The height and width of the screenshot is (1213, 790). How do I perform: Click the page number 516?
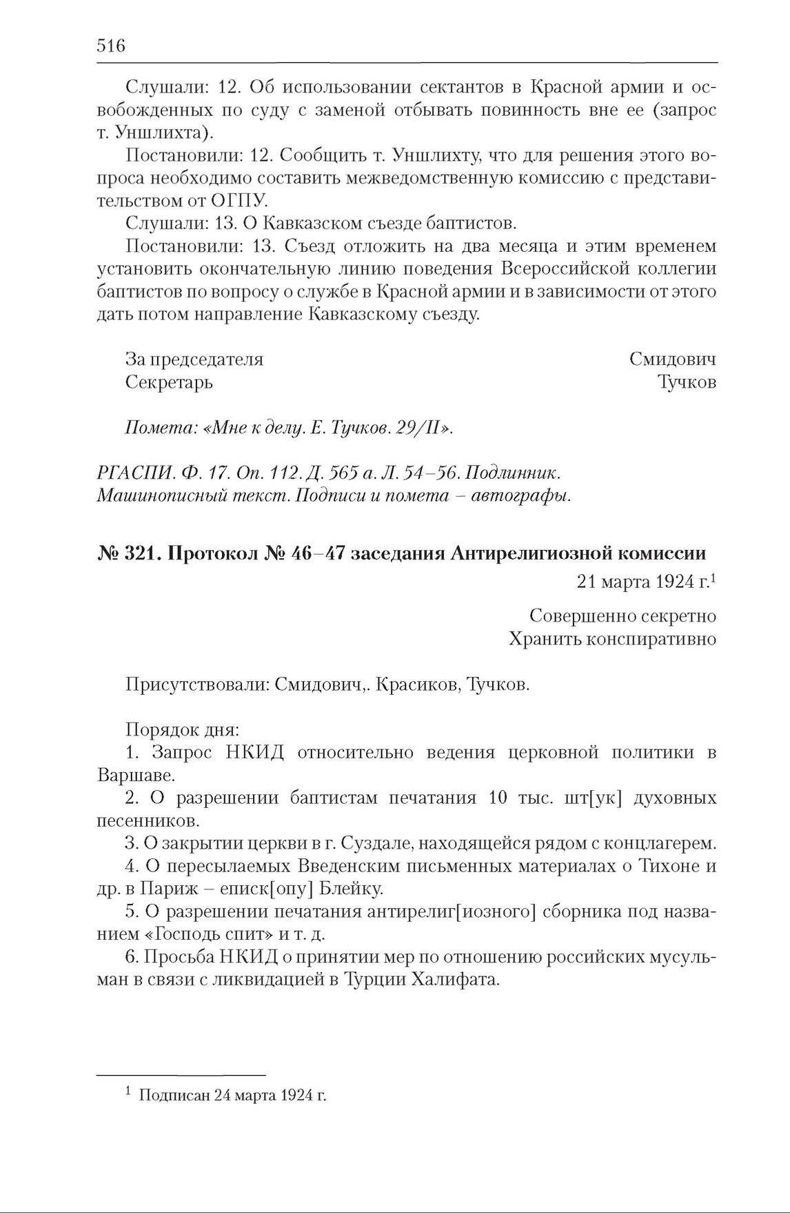(x=111, y=46)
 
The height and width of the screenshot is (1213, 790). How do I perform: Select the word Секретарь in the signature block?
(x=169, y=382)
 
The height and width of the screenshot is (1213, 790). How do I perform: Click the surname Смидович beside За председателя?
(x=672, y=359)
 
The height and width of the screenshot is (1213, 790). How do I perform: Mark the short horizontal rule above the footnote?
(x=181, y=1075)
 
